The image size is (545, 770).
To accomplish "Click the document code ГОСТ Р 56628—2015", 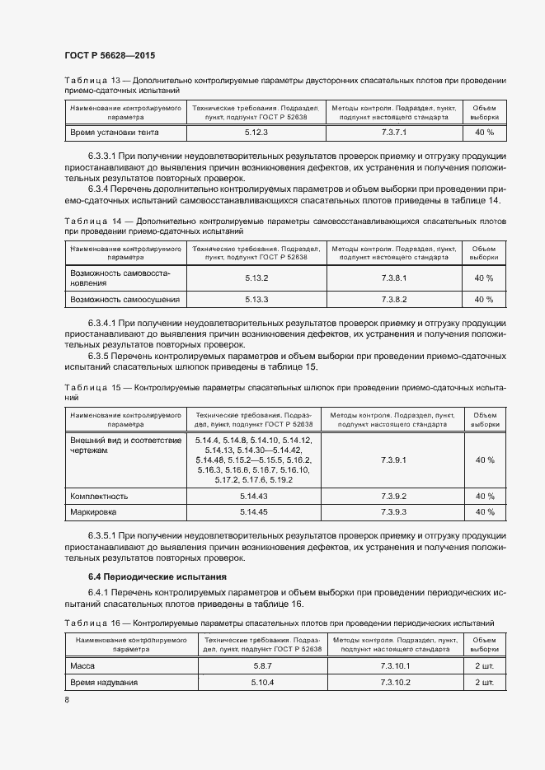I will tap(110, 55).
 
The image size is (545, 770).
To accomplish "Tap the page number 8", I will tap(67, 699).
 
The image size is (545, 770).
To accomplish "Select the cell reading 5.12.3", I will tap(256, 132).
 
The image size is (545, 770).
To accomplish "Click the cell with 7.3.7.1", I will tap(395, 132).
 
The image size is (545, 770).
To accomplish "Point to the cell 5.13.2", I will tap(257, 278).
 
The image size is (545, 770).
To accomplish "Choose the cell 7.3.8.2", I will tap(395, 299).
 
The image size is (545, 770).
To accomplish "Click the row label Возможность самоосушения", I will tap(125, 299).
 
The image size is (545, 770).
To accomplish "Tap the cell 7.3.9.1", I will tap(395, 460).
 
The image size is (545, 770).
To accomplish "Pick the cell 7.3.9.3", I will tap(395, 512).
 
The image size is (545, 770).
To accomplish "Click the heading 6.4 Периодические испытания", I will tap(157, 576).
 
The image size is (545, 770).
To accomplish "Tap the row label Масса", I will tap(85, 665).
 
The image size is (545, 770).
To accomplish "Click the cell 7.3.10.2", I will tap(395, 683).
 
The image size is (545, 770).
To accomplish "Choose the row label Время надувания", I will tap(104, 683).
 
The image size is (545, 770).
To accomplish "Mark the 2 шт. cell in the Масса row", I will tap(484, 665).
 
